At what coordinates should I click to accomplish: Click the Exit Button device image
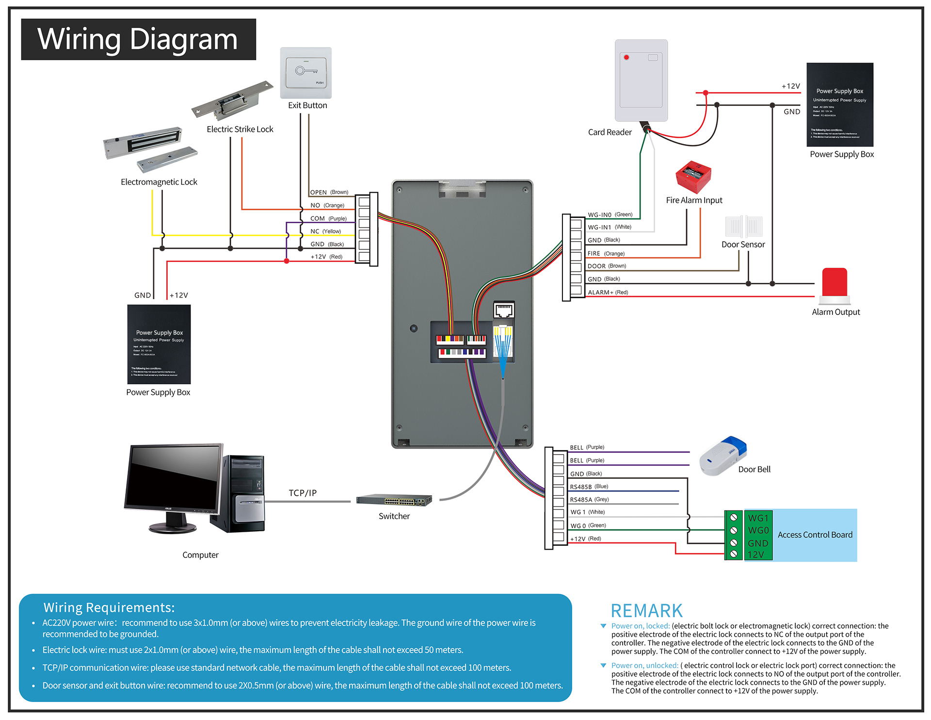tap(305, 73)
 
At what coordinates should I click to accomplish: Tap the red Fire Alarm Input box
tap(693, 177)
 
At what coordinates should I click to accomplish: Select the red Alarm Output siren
tap(835, 284)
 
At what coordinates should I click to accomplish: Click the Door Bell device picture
tap(722, 456)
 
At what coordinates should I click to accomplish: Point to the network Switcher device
tap(394, 500)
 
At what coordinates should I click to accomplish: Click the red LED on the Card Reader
tap(626, 57)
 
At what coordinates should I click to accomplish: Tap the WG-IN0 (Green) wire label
tap(610, 214)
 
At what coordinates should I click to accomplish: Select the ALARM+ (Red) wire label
tap(608, 292)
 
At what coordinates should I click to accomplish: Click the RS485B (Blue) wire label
tap(589, 487)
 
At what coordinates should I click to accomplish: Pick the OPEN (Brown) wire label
tap(329, 192)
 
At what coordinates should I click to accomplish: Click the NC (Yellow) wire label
tap(325, 231)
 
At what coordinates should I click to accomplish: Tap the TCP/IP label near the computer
tap(303, 493)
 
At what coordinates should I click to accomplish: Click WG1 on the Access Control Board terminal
tap(758, 518)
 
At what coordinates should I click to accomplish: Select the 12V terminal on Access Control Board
tap(755, 555)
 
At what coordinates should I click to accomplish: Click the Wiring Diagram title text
tap(138, 39)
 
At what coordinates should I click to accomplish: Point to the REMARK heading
tap(646, 610)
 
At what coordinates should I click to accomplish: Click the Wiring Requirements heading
tap(109, 607)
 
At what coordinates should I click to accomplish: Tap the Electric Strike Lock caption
tap(240, 129)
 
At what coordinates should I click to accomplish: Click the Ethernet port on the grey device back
tap(504, 310)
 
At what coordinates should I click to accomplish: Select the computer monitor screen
tap(172, 478)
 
